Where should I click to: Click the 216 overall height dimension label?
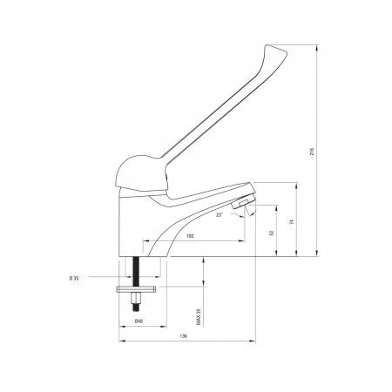point(312,152)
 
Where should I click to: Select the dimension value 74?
point(292,222)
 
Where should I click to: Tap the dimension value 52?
point(272,233)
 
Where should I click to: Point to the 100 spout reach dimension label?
point(190,236)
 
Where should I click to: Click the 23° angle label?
point(220,215)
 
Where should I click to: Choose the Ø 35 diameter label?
point(74,278)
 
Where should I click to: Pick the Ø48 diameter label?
point(139,321)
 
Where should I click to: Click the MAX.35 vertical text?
point(199,316)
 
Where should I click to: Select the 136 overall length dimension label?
point(184,336)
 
